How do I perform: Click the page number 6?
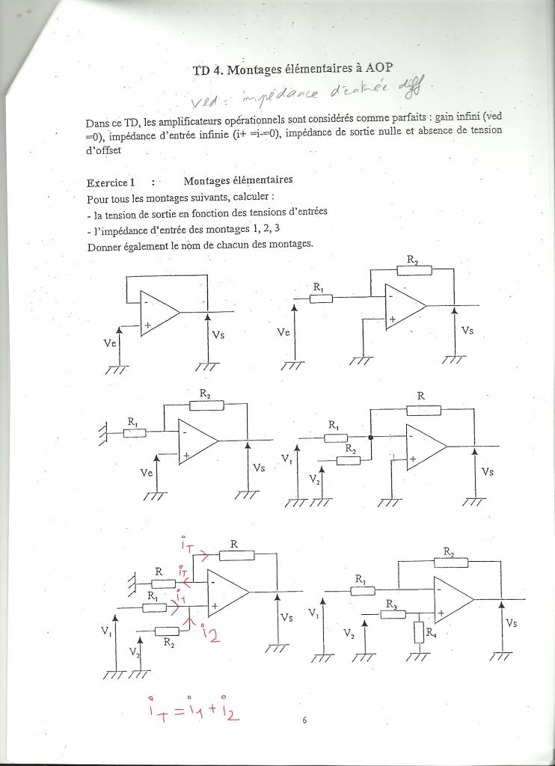[304, 720]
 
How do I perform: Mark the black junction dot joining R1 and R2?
[371, 438]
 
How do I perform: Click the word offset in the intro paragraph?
[106, 149]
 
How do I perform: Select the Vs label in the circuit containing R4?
[511, 622]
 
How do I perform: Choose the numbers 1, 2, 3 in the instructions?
[270, 229]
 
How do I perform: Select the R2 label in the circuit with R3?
[448, 552]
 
